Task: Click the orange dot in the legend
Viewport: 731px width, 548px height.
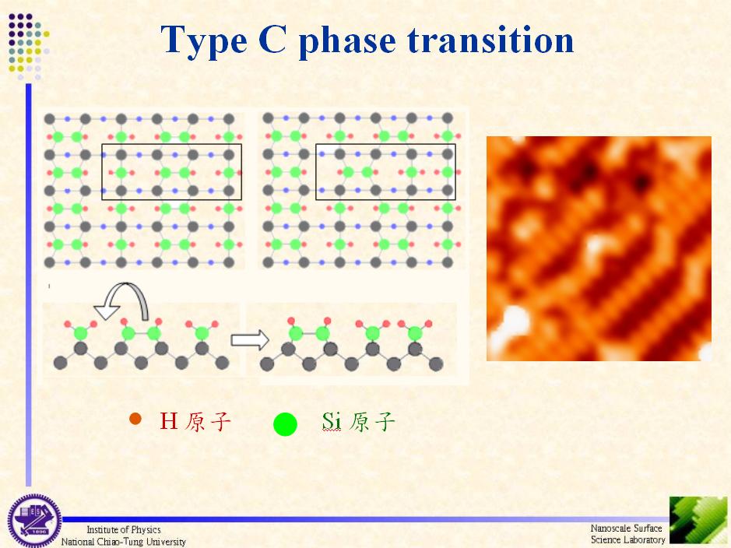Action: [135, 419]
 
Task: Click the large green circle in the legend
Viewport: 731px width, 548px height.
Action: [285, 424]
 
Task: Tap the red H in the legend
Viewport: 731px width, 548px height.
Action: [168, 420]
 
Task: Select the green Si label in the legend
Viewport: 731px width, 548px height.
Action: [331, 421]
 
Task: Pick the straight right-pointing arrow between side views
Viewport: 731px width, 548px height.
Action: [250, 339]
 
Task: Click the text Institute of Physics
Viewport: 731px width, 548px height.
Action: [124, 530]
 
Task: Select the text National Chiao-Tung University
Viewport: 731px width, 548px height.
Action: [124, 542]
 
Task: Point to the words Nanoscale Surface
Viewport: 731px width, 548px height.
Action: [626, 528]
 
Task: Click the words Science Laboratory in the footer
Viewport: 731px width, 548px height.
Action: [628, 539]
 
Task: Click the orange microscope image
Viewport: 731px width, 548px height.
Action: [599, 248]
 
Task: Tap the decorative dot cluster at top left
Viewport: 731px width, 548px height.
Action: [28, 46]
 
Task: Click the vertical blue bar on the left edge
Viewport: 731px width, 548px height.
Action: [29, 285]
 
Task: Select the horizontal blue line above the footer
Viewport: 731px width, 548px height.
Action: [366, 519]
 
